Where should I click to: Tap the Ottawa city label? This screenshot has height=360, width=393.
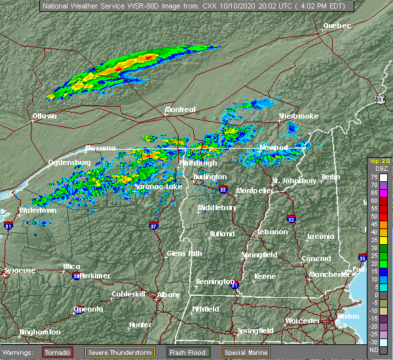tap(45, 117)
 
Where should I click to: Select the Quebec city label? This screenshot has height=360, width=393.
tap(337, 26)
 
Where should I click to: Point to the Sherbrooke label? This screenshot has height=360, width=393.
tap(298, 116)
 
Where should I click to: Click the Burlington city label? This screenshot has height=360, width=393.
tap(210, 177)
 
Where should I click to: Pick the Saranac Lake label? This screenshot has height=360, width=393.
tap(158, 187)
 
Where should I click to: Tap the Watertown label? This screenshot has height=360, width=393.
tap(37, 211)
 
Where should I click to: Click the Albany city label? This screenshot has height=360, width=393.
tap(168, 295)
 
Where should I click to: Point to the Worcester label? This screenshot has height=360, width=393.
tap(303, 321)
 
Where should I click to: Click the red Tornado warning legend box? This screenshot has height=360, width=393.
tap(58, 352)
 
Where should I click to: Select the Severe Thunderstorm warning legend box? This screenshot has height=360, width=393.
tap(120, 352)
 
